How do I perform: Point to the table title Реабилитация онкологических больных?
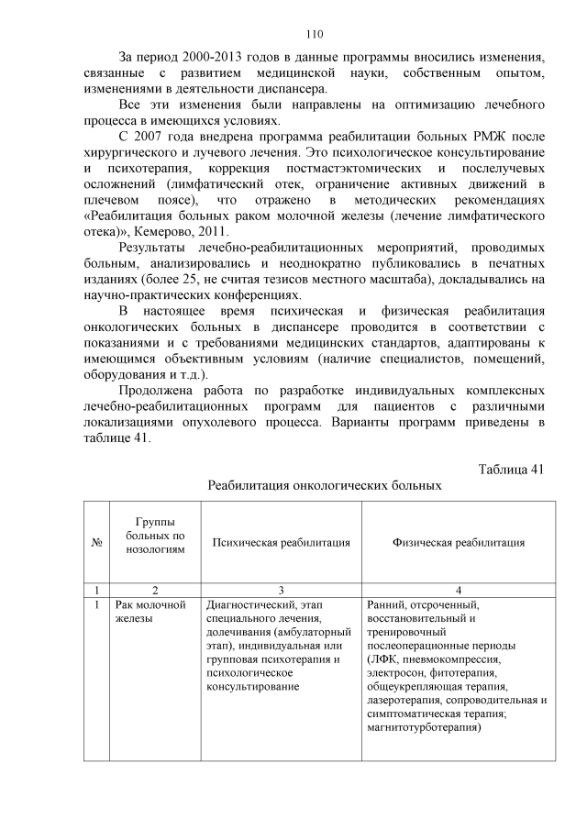click(x=325, y=485)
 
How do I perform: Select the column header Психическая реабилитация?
click(x=282, y=542)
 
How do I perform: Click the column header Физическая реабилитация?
click(x=459, y=542)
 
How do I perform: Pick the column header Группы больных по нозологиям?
click(x=155, y=535)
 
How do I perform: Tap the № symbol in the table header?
click(x=96, y=542)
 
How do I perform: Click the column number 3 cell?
click(x=282, y=589)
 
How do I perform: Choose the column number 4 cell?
click(x=459, y=589)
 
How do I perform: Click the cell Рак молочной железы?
click(x=150, y=612)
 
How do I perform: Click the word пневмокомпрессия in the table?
click(x=447, y=658)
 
